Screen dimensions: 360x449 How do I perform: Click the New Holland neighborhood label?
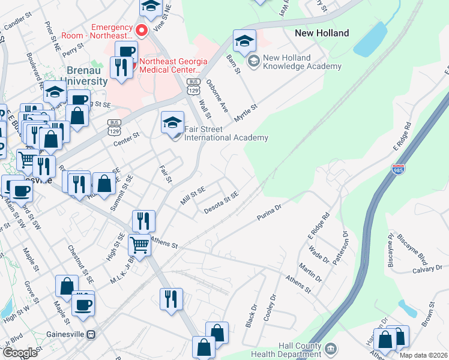click(x=322, y=33)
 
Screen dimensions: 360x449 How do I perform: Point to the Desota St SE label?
click(x=221, y=202)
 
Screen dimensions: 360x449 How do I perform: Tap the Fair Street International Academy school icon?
click(x=172, y=125)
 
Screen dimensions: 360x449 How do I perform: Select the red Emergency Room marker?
click(x=142, y=29)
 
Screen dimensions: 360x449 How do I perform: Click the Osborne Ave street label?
click(x=217, y=96)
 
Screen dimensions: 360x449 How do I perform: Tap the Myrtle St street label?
click(x=246, y=112)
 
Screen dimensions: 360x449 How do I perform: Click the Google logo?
click(x=20, y=353)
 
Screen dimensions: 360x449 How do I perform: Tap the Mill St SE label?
click(x=193, y=196)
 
